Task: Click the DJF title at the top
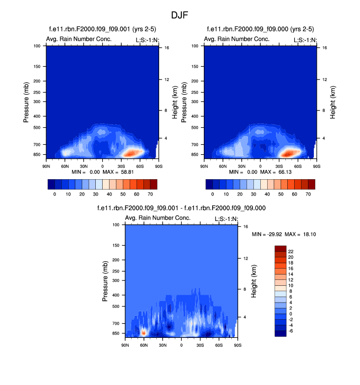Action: click(180, 15)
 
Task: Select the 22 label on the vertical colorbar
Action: click(291, 251)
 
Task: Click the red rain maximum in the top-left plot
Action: click(129, 153)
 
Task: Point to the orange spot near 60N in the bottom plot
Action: click(143, 332)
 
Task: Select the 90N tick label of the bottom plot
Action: click(125, 345)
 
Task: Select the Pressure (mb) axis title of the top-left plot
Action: click(26, 102)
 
